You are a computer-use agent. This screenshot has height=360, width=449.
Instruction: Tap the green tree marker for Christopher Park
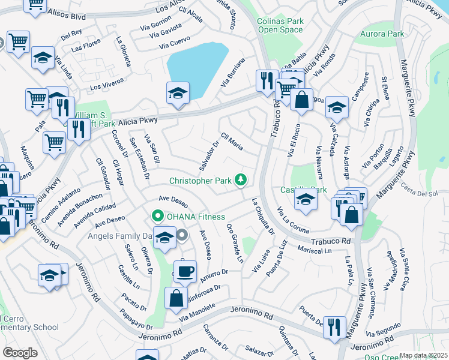241,179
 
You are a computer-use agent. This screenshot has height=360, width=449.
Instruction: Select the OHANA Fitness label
196,217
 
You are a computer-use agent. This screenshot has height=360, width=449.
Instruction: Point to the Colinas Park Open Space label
280,25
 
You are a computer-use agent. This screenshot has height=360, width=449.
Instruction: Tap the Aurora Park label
384,34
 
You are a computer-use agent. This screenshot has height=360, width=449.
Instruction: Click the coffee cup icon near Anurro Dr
185,271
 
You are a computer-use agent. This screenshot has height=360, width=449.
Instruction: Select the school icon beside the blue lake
178,93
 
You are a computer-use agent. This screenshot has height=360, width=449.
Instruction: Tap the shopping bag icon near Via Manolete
175,298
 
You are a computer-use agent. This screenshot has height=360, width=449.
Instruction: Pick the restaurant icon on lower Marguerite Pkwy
334,327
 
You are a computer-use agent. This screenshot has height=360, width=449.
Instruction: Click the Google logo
20,353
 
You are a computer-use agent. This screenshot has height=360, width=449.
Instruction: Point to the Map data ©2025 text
423,355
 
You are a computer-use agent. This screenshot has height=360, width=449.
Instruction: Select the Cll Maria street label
232,142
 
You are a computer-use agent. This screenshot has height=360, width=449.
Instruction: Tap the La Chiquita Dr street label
263,216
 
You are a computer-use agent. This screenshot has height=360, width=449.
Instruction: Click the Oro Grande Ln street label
235,243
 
